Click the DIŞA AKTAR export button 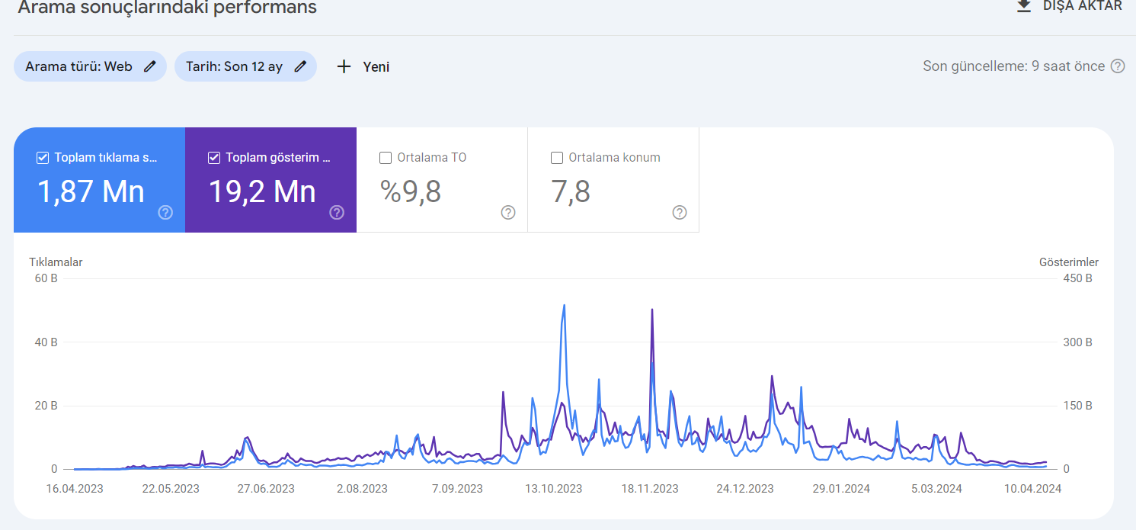(1069, 6)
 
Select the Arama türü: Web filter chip (90, 66)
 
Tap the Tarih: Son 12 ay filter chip (245, 66)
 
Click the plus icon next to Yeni (344, 66)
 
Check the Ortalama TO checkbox (386, 158)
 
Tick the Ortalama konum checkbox (557, 158)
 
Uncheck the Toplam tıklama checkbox (43, 158)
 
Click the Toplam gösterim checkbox (214, 158)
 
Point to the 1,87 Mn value (91, 192)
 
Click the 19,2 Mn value (262, 192)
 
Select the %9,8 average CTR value (410, 192)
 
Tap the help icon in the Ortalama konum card (680, 212)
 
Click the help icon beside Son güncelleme (1118, 66)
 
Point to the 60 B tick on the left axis (46, 278)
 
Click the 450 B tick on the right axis (1077, 278)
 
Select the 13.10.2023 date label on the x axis (553, 489)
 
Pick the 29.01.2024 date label (841, 489)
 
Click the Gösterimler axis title (1068, 262)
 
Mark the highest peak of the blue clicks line (564, 306)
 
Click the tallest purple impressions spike (651, 310)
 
